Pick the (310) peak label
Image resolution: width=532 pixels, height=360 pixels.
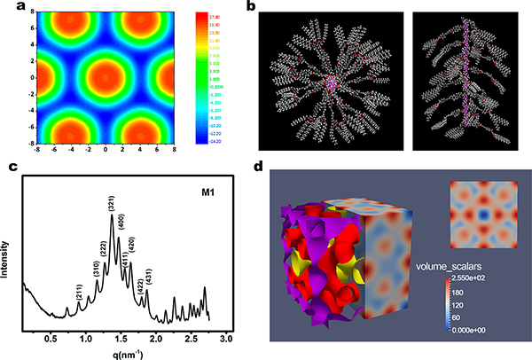pos(96,267)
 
